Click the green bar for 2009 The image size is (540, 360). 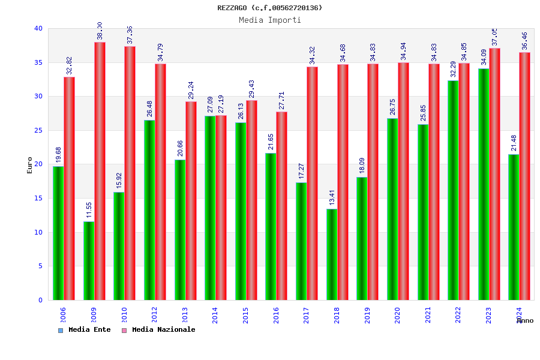coord(89,260)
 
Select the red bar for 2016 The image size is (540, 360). coord(281,206)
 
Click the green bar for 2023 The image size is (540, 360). coord(484,184)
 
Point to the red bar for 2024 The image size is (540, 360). coord(525,176)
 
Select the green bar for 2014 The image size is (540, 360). coord(210,208)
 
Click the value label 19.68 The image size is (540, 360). coord(59,155)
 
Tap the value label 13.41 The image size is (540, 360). coord(332,197)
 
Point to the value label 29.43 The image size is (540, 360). coord(252,89)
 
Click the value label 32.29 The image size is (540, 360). coord(454,69)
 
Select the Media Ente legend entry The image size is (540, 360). coord(85,330)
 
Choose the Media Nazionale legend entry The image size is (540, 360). coord(159,330)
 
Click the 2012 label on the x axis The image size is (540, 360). coord(154,315)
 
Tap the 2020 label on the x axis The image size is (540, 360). coord(397,315)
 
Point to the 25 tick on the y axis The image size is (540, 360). coord(38,130)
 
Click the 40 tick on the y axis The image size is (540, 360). coord(38,28)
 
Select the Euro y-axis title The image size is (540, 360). coord(30,165)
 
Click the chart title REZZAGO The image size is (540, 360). coord(269,8)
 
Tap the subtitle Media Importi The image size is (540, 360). coord(269,20)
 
